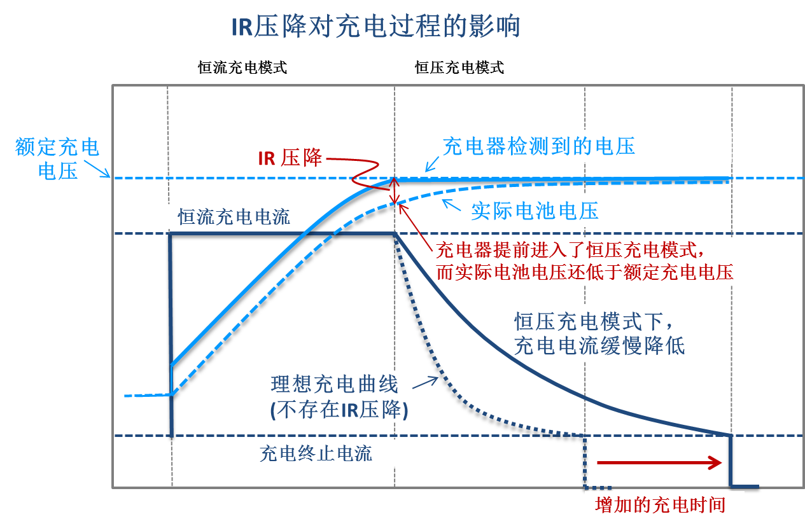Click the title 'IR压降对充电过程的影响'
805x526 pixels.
pyautogui.click(x=375, y=27)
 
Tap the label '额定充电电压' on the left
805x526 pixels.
pyautogui.click(x=57, y=159)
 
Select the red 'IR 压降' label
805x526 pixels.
pyautogui.click(x=290, y=158)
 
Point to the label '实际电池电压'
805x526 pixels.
pyautogui.click(x=535, y=211)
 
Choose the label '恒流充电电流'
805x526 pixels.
pyautogui.click(x=234, y=218)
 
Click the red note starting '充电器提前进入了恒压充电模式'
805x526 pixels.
pyautogui.click(x=584, y=260)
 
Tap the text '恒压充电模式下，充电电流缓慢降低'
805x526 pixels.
pyautogui.click(x=599, y=333)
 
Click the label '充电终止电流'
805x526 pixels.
pyautogui.click(x=316, y=453)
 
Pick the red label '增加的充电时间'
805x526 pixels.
pyautogui.click(x=660, y=505)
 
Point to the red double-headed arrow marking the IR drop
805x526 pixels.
pyautogui.click(x=395, y=191)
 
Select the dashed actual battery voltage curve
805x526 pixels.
pyautogui.click(x=286, y=267)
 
